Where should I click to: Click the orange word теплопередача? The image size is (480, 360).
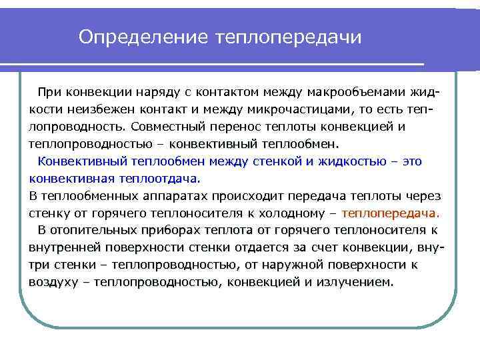(389, 213)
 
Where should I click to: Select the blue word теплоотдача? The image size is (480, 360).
(159, 179)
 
